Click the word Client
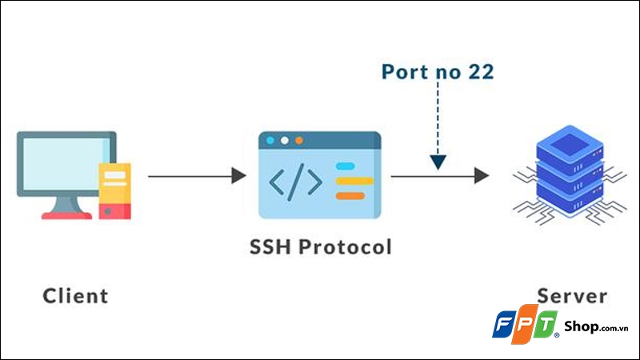click(x=75, y=295)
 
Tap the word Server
click(x=572, y=295)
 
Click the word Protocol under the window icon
click(x=346, y=246)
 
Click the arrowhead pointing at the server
click(x=481, y=175)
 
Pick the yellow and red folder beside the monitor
click(x=114, y=190)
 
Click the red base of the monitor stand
click(x=66, y=214)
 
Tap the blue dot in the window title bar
click(x=270, y=140)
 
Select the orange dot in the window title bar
click(x=298, y=140)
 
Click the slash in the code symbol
click(x=295, y=183)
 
